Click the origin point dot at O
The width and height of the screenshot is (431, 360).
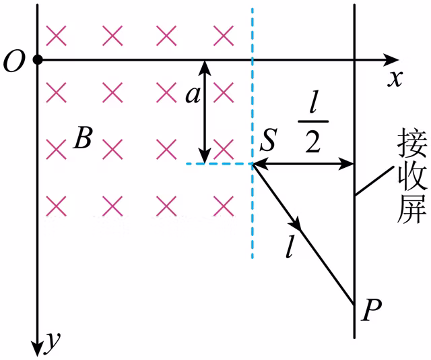tap(38, 59)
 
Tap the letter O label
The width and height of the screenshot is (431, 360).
tap(14, 61)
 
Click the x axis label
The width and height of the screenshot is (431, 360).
tap(395, 80)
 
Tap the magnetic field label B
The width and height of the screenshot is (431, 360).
tap(82, 138)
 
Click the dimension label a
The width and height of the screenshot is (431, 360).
tap(193, 96)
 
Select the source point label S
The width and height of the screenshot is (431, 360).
tap(268, 140)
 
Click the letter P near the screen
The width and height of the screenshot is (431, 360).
tap(371, 310)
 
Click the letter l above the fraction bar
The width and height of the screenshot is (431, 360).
tap(312, 104)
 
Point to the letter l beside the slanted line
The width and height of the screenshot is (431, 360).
tap(289, 247)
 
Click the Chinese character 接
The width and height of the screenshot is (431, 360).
tap(412, 142)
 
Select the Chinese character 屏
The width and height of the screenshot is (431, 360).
tap(412, 208)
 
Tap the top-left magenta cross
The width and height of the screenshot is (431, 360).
tap(56, 36)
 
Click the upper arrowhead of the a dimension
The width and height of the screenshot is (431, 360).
tap(204, 67)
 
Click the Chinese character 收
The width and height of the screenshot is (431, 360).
tap(412, 175)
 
